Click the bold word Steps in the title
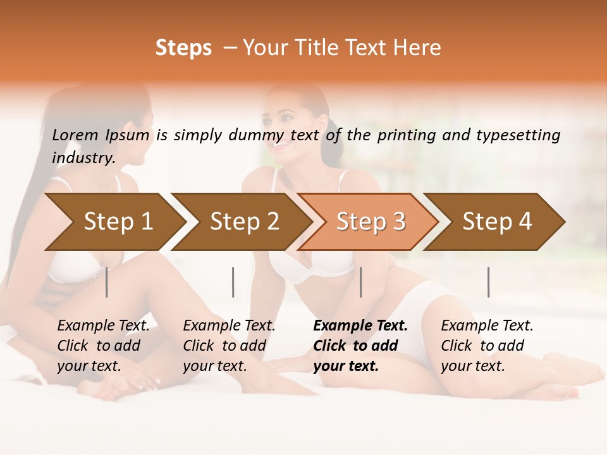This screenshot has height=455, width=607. click(183, 48)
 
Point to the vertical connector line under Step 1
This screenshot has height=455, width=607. click(107, 282)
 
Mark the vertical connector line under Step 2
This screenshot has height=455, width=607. click(233, 282)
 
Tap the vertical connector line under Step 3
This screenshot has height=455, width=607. click(360, 282)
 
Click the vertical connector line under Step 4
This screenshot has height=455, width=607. click(488, 282)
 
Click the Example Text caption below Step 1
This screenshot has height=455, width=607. click(103, 346)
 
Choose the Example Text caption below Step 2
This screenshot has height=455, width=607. click(229, 346)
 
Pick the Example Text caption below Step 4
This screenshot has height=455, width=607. click(487, 346)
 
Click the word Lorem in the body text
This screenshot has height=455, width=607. click(75, 135)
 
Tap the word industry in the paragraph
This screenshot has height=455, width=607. click(83, 157)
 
